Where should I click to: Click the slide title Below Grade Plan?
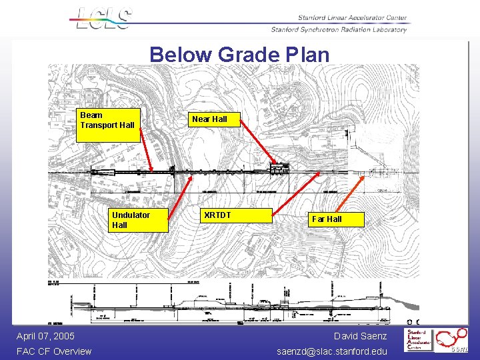coord(239,55)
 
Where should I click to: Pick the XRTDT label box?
coord(237,215)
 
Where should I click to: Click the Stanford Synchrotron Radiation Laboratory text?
coord(338,30)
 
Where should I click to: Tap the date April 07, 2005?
coord(45,336)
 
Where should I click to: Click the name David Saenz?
coord(360,336)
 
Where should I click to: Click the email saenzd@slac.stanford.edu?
coord(331,351)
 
